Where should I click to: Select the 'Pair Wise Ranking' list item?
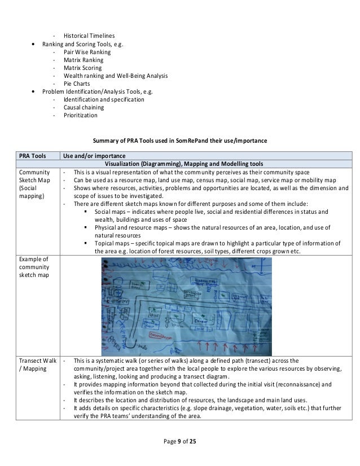point(87,51)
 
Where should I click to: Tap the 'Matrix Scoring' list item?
point(83,68)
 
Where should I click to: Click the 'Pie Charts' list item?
point(77,83)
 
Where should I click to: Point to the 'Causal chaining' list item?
point(84,107)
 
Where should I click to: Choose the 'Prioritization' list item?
point(80,115)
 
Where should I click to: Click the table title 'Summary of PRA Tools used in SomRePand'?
point(179,140)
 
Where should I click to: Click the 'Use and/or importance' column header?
point(94,156)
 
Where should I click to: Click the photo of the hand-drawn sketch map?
point(186,298)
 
